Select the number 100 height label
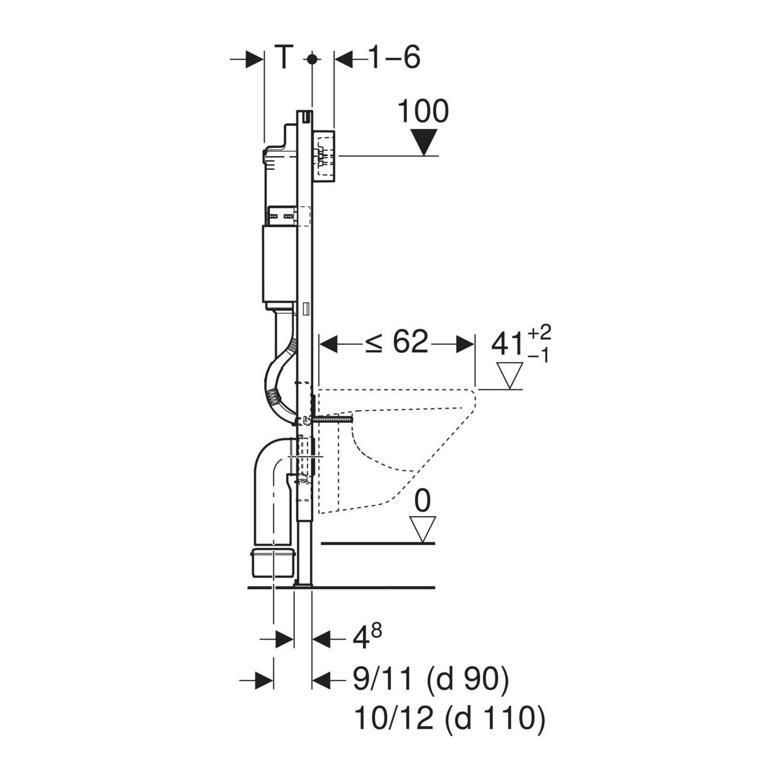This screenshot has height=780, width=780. [424, 111]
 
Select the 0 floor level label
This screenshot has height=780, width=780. [422, 502]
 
